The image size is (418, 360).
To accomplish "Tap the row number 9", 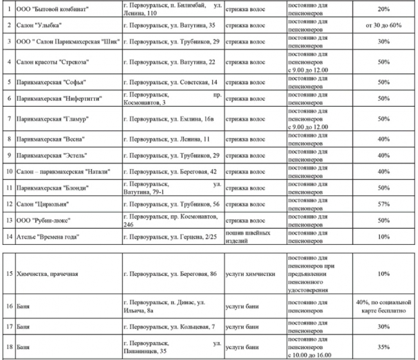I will [x=6, y=155].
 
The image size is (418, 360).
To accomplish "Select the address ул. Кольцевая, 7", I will [x=169, y=327].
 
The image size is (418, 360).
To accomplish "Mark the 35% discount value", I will [x=384, y=347].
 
